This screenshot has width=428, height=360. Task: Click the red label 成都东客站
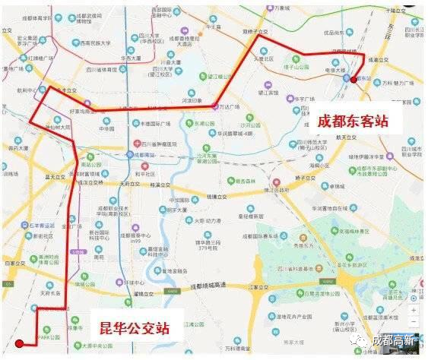(x=353, y=120)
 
